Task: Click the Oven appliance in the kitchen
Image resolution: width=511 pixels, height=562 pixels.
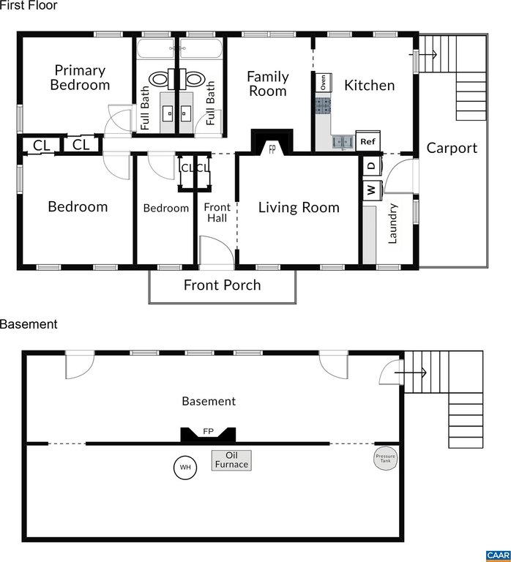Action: click(324, 83)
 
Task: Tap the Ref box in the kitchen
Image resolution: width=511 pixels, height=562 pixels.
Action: click(368, 141)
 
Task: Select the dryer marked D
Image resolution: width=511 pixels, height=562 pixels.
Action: click(372, 165)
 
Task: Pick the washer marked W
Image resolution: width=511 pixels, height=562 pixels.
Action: click(372, 190)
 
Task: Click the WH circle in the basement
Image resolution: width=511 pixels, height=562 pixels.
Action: click(185, 467)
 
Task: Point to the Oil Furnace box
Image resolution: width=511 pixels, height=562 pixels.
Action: click(231, 460)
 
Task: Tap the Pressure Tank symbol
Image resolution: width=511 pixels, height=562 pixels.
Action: click(386, 458)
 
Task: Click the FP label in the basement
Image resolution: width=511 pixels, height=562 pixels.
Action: click(209, 431)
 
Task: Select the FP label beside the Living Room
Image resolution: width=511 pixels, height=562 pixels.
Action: click(272, 149)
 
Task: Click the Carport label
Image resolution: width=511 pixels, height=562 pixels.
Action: click(452, 148)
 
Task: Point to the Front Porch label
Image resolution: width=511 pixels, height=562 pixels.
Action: click(223, 285)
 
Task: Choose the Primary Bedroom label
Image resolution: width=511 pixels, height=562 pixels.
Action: click(80, 78)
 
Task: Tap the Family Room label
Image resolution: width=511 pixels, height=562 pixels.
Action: click(268, 83)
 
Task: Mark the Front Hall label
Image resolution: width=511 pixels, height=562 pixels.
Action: click(217, 212)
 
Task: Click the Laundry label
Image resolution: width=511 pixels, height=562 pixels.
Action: click(393, 224)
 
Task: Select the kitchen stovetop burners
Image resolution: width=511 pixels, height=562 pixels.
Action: click(323, 106)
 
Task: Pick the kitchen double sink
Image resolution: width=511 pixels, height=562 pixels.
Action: click(343, 142)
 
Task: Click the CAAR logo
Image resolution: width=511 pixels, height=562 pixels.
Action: click(499, 555)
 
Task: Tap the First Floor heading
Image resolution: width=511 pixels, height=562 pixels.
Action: click(29, 5)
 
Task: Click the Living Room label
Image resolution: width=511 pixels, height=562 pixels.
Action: click(299, 207)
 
